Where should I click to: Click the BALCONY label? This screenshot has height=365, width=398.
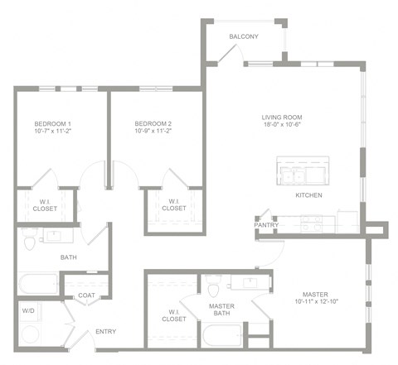pos(244,36)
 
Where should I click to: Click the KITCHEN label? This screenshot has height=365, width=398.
pos(309,195)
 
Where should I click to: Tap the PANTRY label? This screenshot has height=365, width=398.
pos(266,224)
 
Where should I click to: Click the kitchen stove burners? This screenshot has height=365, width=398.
pos(312,222)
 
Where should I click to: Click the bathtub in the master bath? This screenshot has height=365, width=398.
pos(221,337)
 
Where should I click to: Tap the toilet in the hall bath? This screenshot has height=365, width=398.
pos(31,241)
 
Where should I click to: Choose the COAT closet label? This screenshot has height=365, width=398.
pos(88,295)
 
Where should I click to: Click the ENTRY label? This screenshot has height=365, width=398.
pos(105,332)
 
